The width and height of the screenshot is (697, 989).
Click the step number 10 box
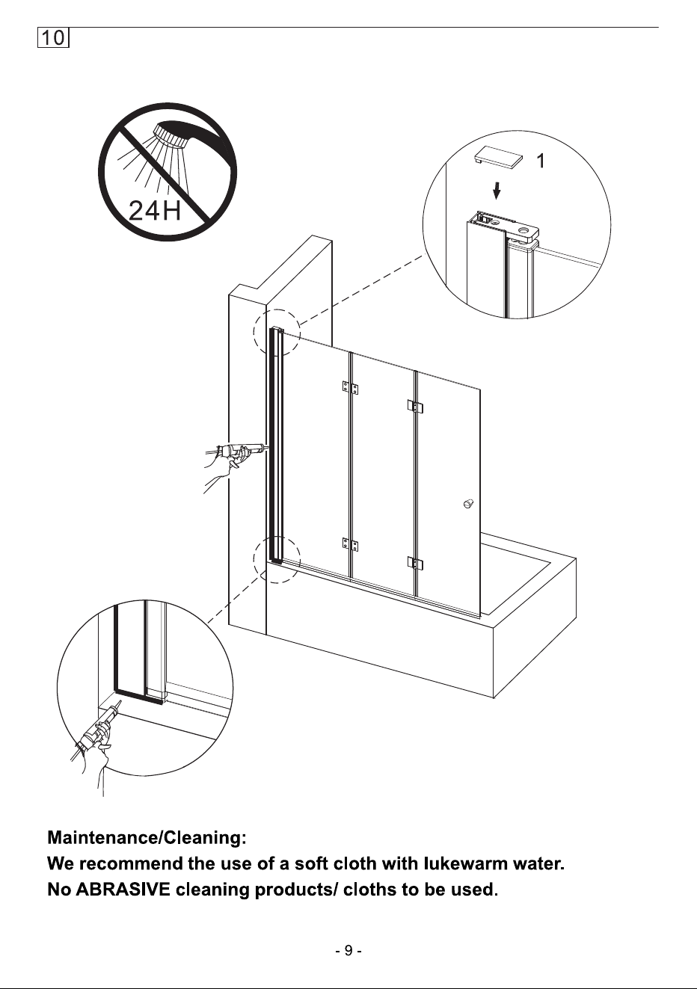(53, 37)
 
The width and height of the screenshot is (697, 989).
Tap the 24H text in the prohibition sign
(155, 210)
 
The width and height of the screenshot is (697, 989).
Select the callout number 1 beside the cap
(541, 161)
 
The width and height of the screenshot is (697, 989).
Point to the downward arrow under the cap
(497, 191)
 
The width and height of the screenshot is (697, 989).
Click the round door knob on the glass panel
(468, 503)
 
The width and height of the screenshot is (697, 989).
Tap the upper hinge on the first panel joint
(350, 388)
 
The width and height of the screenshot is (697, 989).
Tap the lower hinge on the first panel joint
(350, 544)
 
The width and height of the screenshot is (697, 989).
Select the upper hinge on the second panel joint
(415, 406)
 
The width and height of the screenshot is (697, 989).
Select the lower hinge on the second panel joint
(415, 563)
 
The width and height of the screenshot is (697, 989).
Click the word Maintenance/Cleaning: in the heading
(147, 838)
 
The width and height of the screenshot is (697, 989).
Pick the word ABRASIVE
(123, 890)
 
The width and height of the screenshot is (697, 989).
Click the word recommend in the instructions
(132, 863)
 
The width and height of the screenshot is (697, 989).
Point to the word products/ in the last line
(296, 890)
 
